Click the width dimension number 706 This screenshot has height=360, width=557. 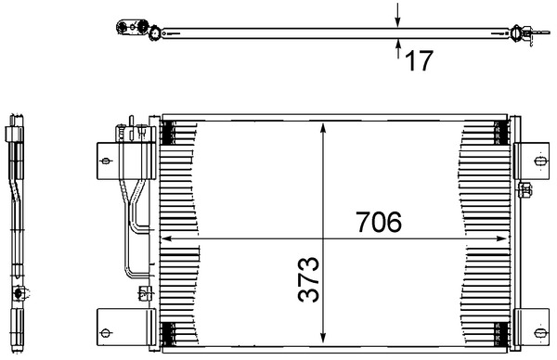pos(378,223)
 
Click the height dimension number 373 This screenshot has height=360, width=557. pos(309,281)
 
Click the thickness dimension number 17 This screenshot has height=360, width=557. pos(420,61)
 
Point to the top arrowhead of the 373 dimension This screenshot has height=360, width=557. pos(322,128)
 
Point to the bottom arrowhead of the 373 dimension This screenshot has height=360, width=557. pos(322,340)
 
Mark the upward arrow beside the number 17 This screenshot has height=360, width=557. pos(397,45)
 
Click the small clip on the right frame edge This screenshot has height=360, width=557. pos(525,192)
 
